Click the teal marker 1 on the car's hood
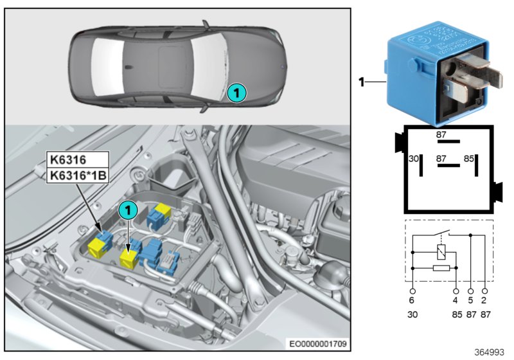[236, 93]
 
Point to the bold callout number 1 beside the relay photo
[361, 82]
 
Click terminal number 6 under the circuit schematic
[412, 299]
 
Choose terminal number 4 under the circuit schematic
[456, 299]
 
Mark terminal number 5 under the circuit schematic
[471, 299]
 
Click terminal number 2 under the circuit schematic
[484, 299]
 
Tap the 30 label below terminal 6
[412, 316]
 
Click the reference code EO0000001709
[319, 345]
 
